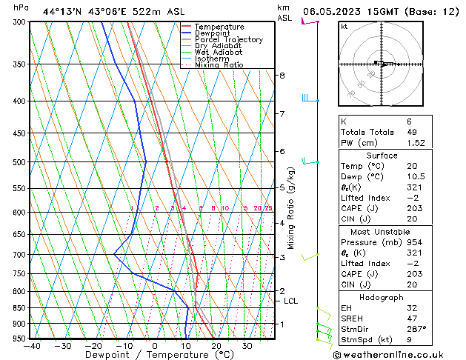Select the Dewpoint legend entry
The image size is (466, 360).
pyautogui.click(x=216, y=33)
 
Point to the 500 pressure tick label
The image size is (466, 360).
pyautogui.click(x=19, y=162)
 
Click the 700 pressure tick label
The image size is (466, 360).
pyautogui.click(x=19, y=255)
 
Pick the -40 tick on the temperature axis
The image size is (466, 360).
pyautogui.click(x=31, y=346)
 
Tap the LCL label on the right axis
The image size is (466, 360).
pyautogui.click(x=291, y=301)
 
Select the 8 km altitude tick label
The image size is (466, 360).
pyautogui.click(x=282, y=76)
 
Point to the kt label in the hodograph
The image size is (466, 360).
pyautogui.click(x=344, y=27)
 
